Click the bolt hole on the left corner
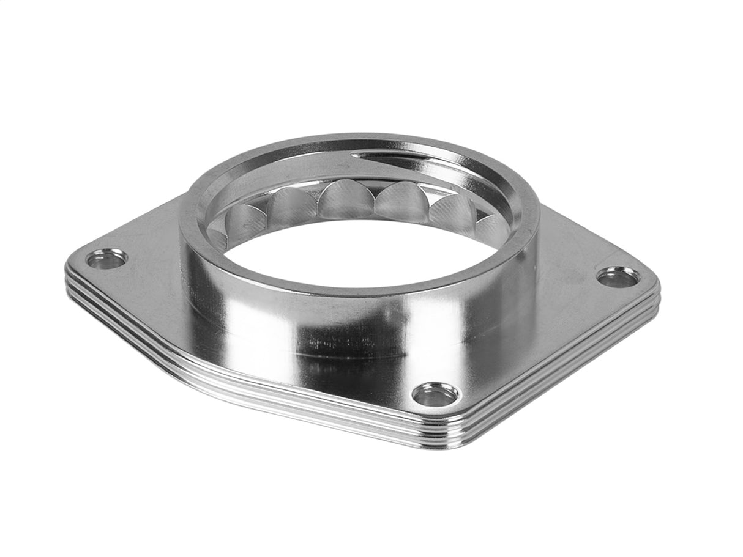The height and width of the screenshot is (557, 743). pyautogui.click(x=106, y=259)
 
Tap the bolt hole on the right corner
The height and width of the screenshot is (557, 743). pyautogui.click(x=618, y=278)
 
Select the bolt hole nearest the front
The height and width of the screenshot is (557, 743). pyautogui.click(x=435, y=395)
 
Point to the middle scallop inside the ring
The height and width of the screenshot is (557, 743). pyautogui.click(x=343, y=201)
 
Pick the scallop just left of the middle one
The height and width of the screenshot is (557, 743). pyautogui.click(x=291, y=205)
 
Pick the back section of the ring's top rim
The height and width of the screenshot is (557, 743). pyautogui.click(x=343, y=142)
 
